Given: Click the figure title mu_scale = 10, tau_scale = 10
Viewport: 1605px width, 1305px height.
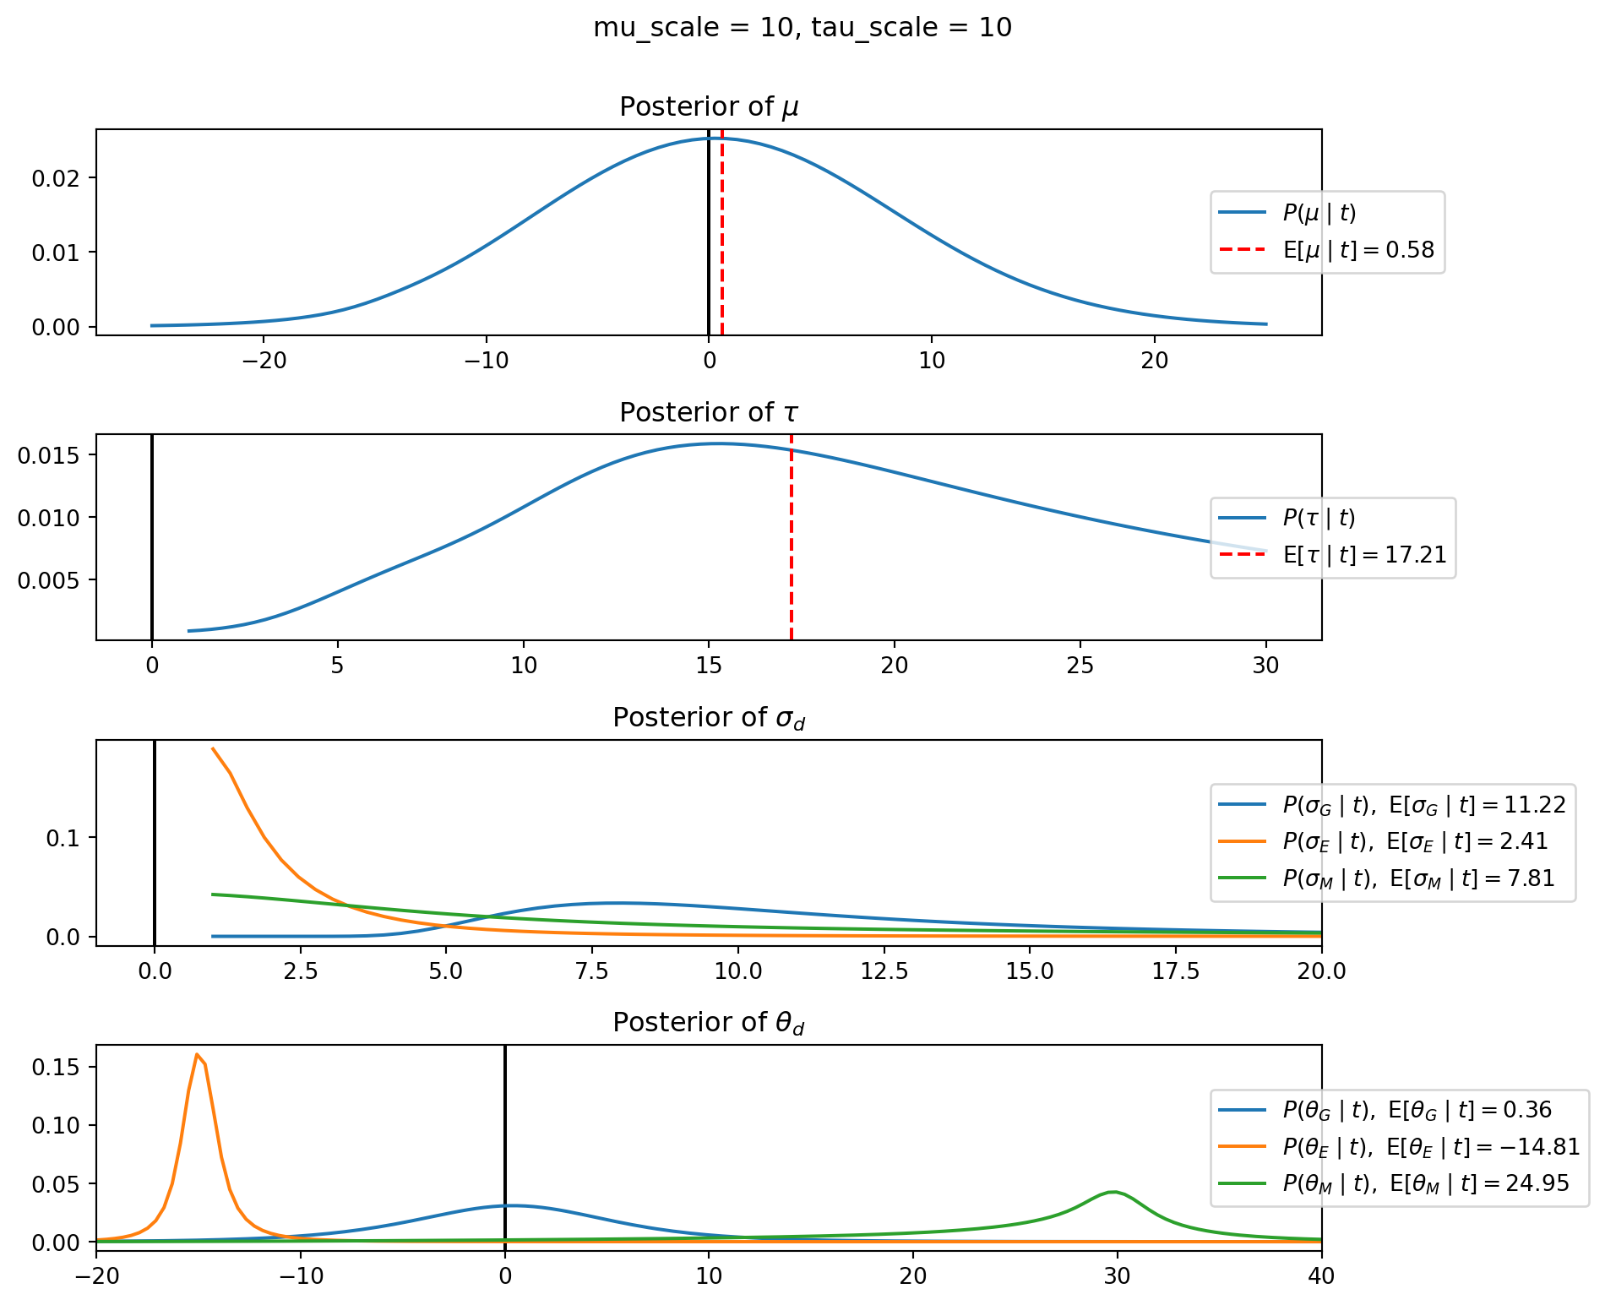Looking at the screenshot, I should pyautogui.click(x=802, y=28).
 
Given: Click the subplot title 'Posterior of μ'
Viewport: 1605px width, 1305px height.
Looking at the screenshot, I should pyautogui.click(x=709, y=107).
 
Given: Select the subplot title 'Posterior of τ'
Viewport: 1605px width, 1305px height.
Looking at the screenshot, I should pyautogui.click(x=709, y=413).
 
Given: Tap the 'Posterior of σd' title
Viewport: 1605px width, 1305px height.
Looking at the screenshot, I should pyautogui.click(x=709, y=718).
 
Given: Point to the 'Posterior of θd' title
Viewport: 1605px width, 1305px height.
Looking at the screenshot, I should pyautogui.click(x=709, y=1023).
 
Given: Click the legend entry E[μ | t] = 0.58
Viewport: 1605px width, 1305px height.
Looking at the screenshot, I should pyautogui.click(x=1358, y=250).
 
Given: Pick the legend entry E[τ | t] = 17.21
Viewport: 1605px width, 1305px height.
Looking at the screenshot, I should pyautogui.click(x=1364, y=555).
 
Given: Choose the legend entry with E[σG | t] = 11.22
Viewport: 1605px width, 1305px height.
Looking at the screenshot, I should pyautogui.click(x=1423, y=804).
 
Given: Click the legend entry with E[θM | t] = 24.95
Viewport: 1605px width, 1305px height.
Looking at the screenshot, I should pyautogui.click(x=1425, y=1183).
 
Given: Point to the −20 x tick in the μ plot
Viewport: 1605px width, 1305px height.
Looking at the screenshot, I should pyautogui.click(x=264, y=362).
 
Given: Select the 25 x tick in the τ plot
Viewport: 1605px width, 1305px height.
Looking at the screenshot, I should pyautogui.click(x=1080, y=666).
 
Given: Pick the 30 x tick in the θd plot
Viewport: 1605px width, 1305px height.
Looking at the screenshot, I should pyautogui.click(x=1117, y=1276).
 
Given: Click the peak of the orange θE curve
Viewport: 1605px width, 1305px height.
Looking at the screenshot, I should pyautogui.click(x=197, y=1054).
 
